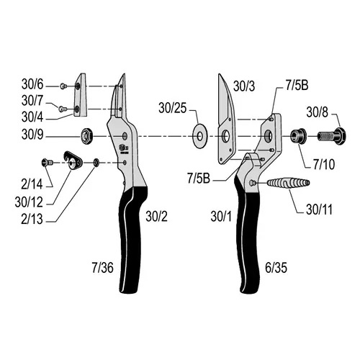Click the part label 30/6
pos(32,84)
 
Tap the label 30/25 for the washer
pos(172,108)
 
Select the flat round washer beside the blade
pos(200,136)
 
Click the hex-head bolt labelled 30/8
pos(332,136)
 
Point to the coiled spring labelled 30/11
pos(288,183)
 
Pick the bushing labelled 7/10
pos(298,136)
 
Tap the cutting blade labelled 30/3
pos(227,120)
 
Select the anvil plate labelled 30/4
pos(80,95)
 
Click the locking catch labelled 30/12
pos(73,161)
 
